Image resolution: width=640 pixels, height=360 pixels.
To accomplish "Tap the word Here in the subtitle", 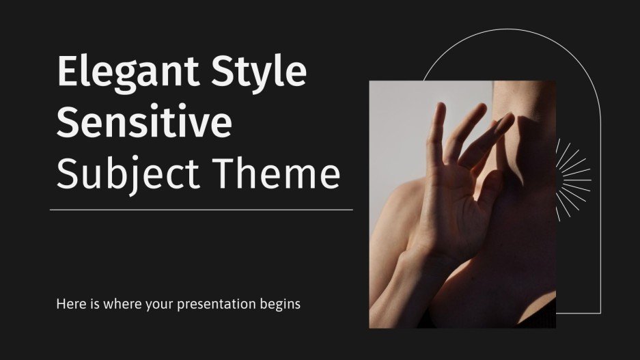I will [x=70, y=304].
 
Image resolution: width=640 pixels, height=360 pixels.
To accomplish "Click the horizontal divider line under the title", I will [x=201, y=210].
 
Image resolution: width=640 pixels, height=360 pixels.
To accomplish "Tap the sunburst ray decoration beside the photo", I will [x=572, y=180].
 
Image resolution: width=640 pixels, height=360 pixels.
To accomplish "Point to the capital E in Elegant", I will [x=69, y=72].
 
